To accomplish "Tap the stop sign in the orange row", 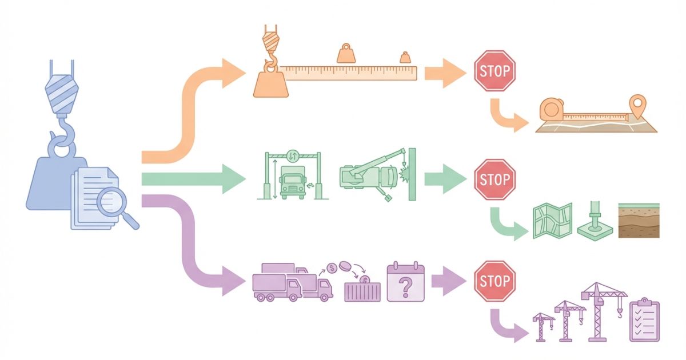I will tap(495, 71).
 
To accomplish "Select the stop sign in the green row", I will tap(495, 179).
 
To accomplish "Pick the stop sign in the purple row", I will tap(495, 281).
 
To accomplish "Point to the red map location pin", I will tap(635, 106).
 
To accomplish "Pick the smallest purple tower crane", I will tap(543, 326).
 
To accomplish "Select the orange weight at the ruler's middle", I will tap(346, 54).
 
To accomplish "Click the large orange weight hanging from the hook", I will tap(271, 83).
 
